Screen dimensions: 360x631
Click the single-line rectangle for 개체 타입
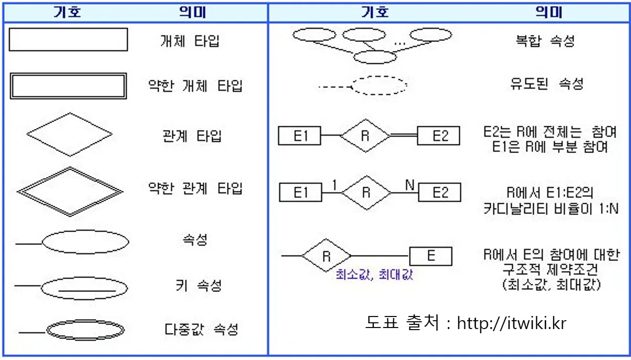coord(68,40)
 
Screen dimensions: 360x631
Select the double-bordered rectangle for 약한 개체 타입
coord(68,86)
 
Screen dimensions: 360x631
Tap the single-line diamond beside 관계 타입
coord(69,134)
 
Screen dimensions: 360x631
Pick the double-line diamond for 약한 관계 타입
coord(70,191)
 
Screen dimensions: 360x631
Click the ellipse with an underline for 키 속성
coord(84,287)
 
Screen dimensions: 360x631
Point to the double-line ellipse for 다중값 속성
coord(85,330)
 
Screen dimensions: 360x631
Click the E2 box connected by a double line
coord(438,136)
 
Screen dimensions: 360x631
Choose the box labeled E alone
coord(430,256)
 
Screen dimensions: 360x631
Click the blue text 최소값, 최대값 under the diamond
coord(374,275)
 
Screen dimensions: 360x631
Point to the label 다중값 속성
coord(202,330)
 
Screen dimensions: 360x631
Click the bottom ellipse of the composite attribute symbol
coord(375,57)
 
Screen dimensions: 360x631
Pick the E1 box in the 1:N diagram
coord(301,192)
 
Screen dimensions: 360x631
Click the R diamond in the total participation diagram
coord(366,136)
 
